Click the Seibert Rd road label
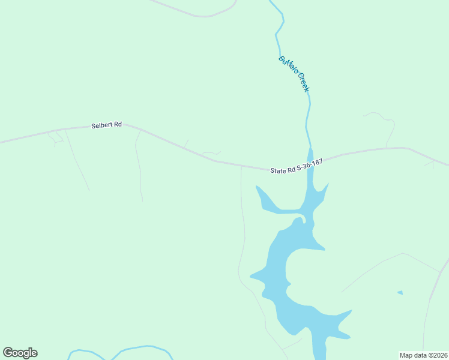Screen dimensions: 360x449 pos(106,125)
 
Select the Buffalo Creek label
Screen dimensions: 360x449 pos(294,73)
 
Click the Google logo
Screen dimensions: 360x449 pos(20,353)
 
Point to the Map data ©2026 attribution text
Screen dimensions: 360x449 pos(423,355)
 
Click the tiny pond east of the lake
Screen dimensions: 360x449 pos(400,293)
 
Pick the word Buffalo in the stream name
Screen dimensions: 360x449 pos(287,65)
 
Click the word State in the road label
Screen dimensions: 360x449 pos(278,171)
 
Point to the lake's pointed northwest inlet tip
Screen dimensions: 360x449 pos(257,187)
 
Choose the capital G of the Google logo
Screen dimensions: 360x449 pos(8,352)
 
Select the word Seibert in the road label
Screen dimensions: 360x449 pos(101,125)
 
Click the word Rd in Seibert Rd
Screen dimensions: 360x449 pos(118,124)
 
